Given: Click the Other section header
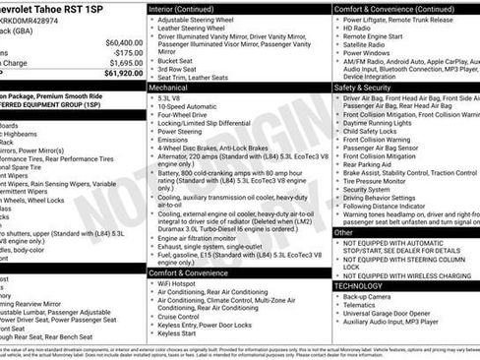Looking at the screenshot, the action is tap(344, 233).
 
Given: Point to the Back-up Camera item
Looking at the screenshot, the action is tap(368, 296).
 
